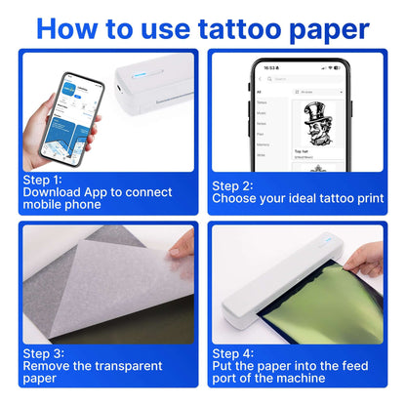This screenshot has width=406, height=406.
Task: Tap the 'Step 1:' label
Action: pos(42,180)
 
